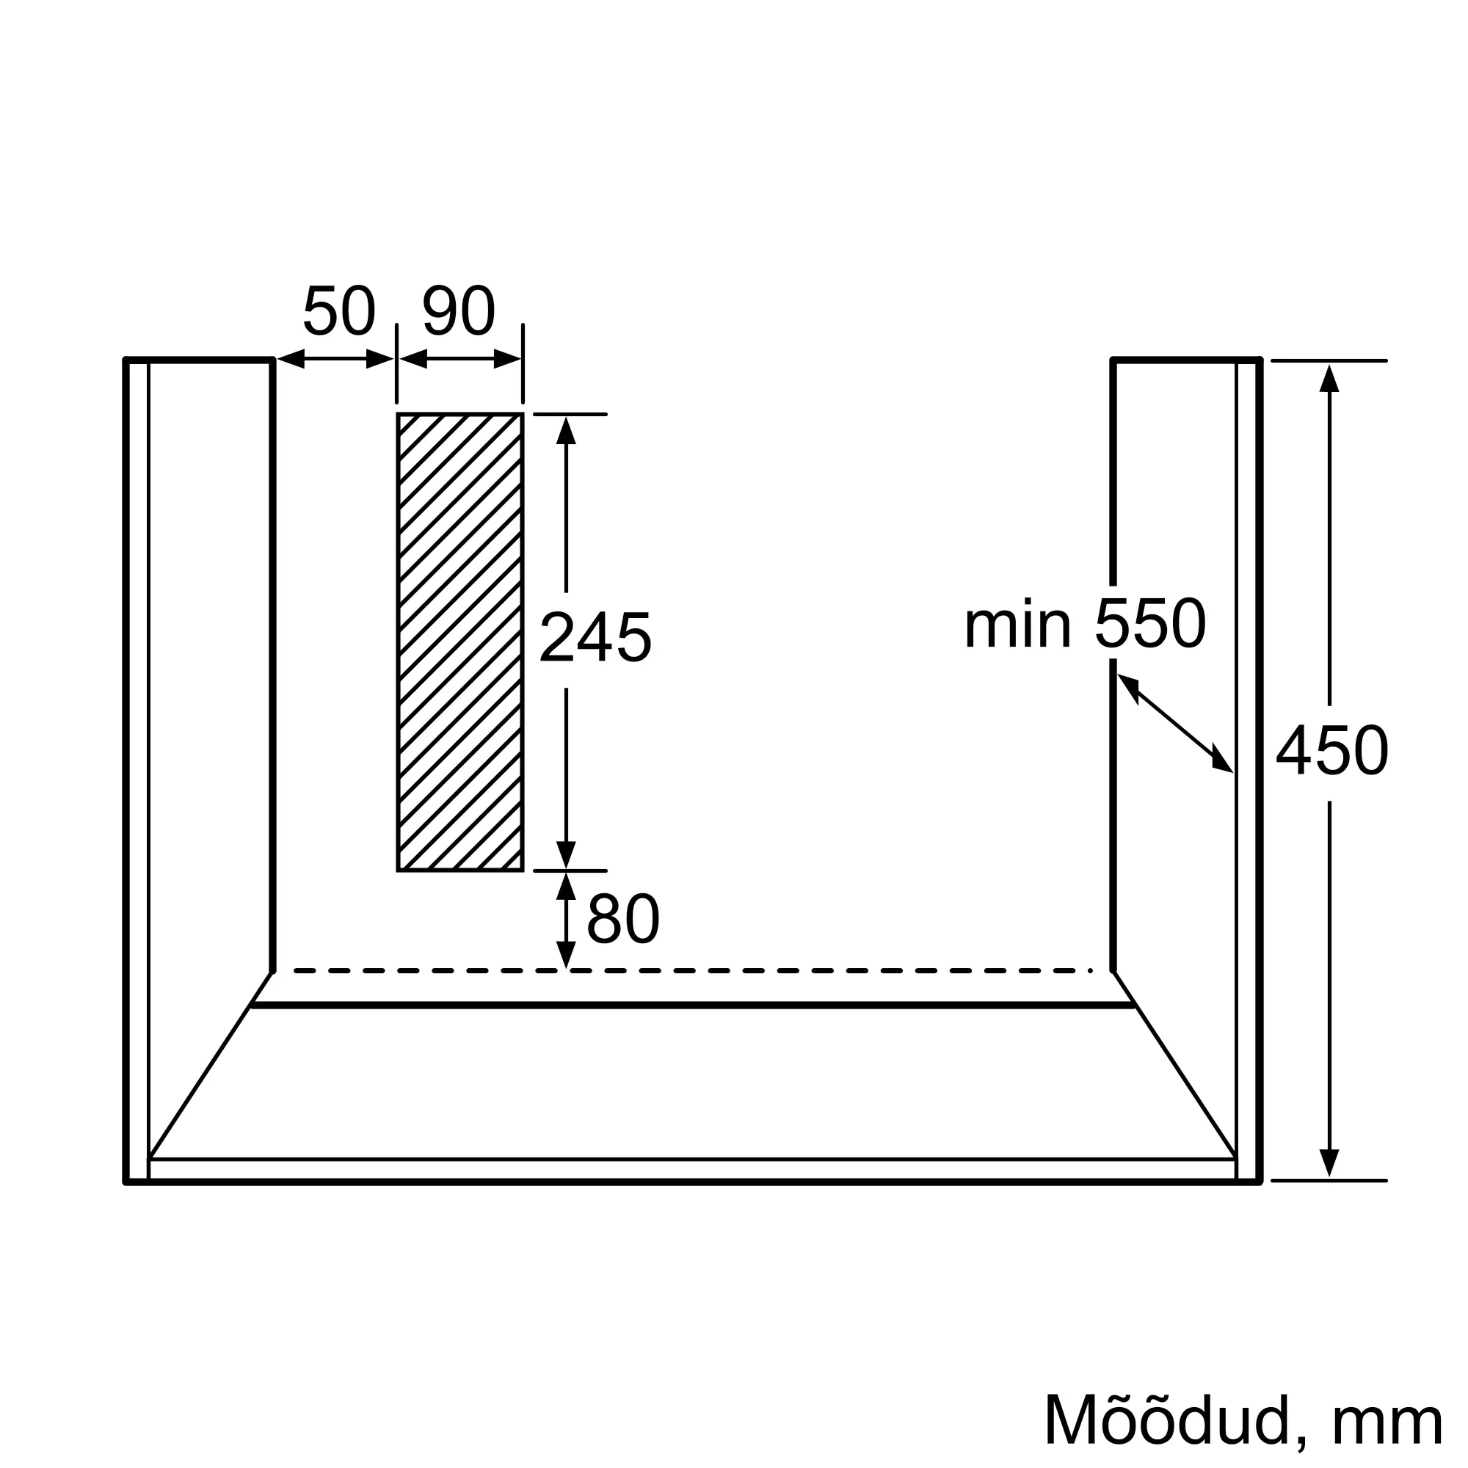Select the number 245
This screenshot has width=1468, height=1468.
coord(595,639)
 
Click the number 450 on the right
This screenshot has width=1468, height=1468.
coord(1332,752)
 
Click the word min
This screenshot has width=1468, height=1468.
coord(1017,625)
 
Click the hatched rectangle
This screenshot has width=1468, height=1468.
coord(459,642)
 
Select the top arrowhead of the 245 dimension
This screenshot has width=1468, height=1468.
coord(566,430)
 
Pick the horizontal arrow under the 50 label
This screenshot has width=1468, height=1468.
coord(335,359)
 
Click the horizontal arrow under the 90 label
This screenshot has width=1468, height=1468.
coord(460,359)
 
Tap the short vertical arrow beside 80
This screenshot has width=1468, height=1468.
coord(566,920)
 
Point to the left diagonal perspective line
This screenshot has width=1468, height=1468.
coord(209,1066)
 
